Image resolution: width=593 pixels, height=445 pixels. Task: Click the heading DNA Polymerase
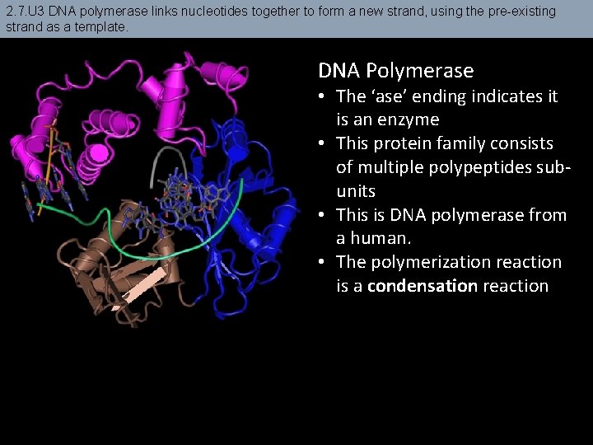[x=395, y=71]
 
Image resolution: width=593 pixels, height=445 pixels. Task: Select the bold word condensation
[x=423, y=286]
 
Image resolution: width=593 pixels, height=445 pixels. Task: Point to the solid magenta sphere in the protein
[x=100, y=152]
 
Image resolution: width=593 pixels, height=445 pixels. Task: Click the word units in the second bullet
[x=355, y=191]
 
